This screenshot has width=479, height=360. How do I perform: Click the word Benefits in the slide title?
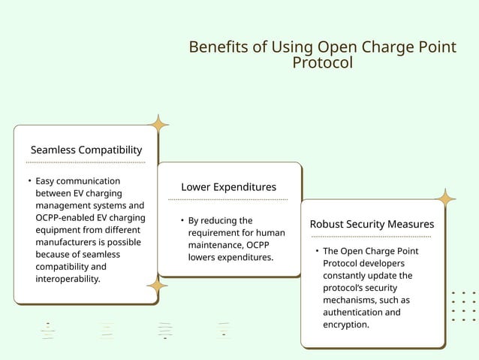217,47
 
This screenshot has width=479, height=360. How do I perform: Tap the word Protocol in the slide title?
322,63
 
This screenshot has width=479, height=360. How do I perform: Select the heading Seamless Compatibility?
86,150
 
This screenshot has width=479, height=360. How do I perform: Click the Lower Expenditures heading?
228,186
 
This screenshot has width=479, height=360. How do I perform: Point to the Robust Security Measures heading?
372,224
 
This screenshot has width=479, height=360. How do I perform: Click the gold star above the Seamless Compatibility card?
158,124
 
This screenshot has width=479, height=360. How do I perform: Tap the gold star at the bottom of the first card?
157,285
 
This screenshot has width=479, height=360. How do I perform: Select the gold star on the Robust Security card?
446,199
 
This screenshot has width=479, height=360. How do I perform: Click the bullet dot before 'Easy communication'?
29,181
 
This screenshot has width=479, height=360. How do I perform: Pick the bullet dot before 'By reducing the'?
182,221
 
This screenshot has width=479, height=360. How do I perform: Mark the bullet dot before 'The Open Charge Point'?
317,251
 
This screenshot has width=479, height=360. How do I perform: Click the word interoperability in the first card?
67,279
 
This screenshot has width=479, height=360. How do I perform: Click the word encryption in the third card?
345,325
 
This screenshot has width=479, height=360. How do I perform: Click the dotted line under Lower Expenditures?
227,199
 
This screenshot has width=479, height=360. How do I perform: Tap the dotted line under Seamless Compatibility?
86,162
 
